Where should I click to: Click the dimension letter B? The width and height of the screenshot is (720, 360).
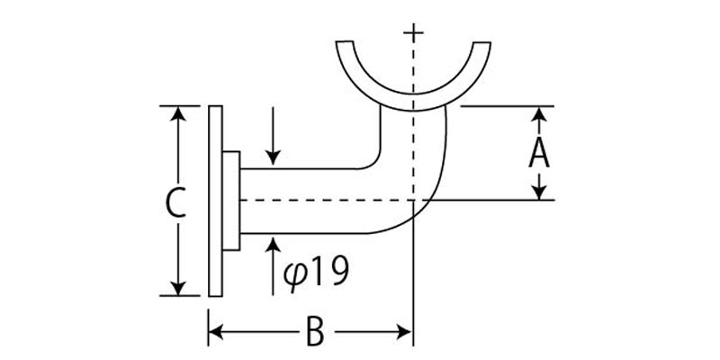coord(312,332)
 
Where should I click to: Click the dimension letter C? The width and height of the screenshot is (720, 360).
coord(177,203)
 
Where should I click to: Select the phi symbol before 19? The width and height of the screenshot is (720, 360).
coord(293,272)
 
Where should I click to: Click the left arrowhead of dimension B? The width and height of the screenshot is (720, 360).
coord(217,332)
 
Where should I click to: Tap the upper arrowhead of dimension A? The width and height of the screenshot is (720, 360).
coord(538,113)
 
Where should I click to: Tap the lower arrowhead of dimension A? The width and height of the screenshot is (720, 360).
coord(538,192)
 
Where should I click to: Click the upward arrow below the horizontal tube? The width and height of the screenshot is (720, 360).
coord(273,245)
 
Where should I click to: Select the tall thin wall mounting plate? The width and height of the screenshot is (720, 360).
coord(214,200)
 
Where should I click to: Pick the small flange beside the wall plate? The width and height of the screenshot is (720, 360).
coord(231,200)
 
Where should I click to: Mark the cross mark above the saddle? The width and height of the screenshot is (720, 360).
coord(413,33)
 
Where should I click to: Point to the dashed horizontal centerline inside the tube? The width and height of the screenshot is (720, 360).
coord(324,200)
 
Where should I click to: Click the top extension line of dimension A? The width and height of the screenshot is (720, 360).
coord(504,106)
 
